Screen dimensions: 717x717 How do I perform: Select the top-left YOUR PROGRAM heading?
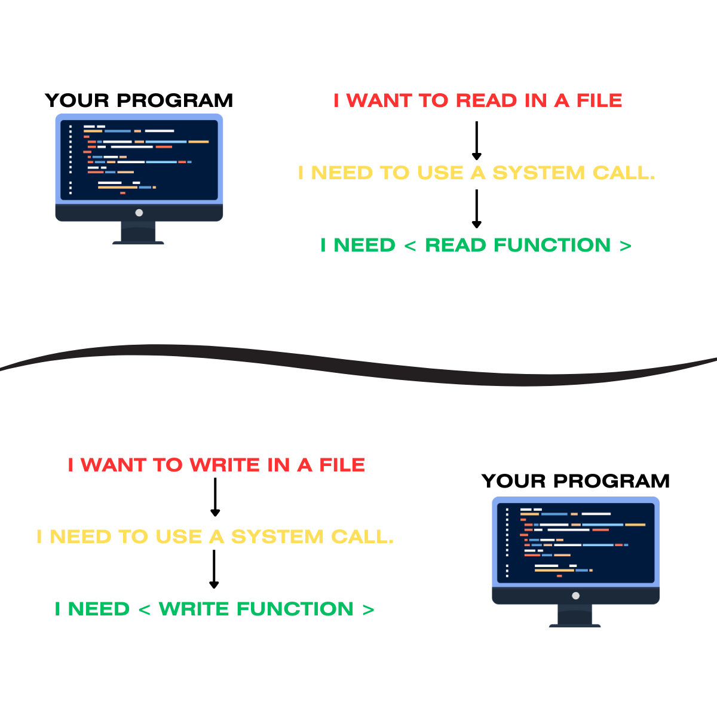(x=139, y=100)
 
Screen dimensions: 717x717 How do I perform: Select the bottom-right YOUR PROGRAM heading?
(x=575, y=481)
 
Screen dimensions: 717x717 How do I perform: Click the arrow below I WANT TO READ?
(x=476, y=141)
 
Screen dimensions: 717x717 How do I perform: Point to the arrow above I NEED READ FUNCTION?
(x=476, y=209)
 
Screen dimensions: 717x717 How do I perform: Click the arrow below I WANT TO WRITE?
(x=215, y=497)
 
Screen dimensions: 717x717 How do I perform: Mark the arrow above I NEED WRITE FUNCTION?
(x=214, y=569)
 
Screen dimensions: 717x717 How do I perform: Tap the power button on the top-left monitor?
(x=139, y=213)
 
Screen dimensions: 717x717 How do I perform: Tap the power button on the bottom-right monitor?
(x=575, y=596)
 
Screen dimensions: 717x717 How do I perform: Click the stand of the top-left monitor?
(x=139, y=232)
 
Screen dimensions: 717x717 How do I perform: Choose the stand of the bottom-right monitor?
(x=575, y=615)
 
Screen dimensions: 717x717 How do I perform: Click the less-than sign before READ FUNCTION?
(x=410, y=246)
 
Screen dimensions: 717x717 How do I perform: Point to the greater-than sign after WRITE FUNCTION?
(x=368, y=609)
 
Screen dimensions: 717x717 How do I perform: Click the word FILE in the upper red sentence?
(x=599, y=100)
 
